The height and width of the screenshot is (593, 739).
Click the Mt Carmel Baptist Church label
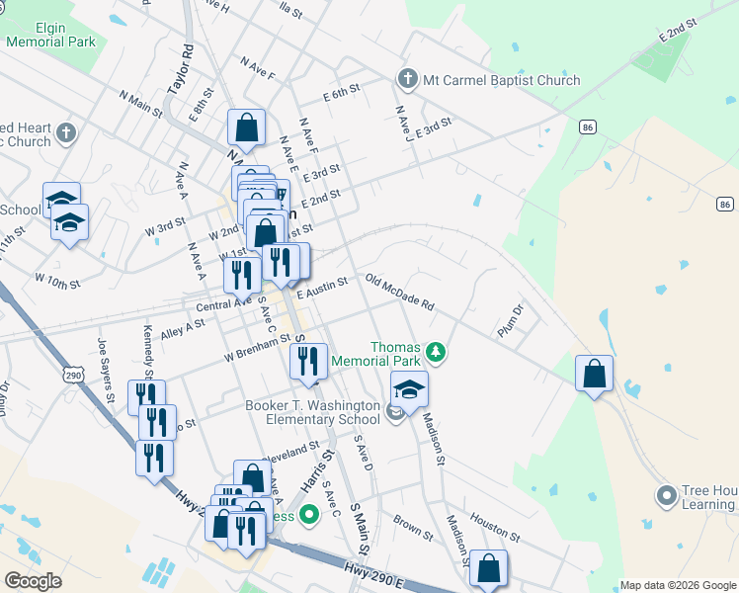[501, 80]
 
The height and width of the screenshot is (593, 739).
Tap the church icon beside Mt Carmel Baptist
[406, 79]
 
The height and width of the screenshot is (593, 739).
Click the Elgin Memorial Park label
[50, 36]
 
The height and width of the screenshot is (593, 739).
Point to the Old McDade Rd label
[399, 293]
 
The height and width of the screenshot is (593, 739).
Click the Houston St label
[494, 525]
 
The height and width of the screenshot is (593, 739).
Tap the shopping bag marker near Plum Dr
[594, 375]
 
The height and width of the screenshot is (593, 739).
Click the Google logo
[34, 581]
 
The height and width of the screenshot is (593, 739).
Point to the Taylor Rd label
[179, 68]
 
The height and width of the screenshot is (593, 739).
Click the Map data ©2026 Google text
[677, 584]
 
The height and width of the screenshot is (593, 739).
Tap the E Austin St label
[322, 286]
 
